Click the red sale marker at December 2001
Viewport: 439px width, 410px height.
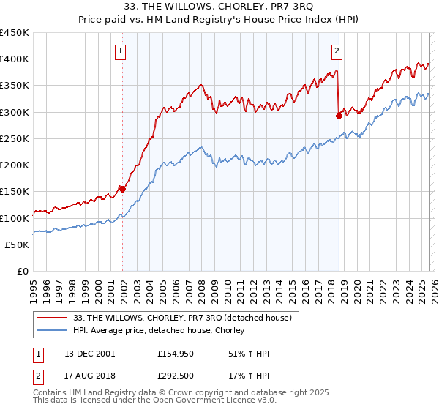tap(122, 189)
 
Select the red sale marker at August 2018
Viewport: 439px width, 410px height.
tap(339, 116)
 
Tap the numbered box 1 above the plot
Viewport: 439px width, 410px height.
tap(120, 51)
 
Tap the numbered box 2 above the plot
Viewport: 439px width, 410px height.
tap(337, 51)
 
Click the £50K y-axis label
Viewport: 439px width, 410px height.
tap(18, 245)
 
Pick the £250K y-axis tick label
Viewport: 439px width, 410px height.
tap(15, 139)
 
